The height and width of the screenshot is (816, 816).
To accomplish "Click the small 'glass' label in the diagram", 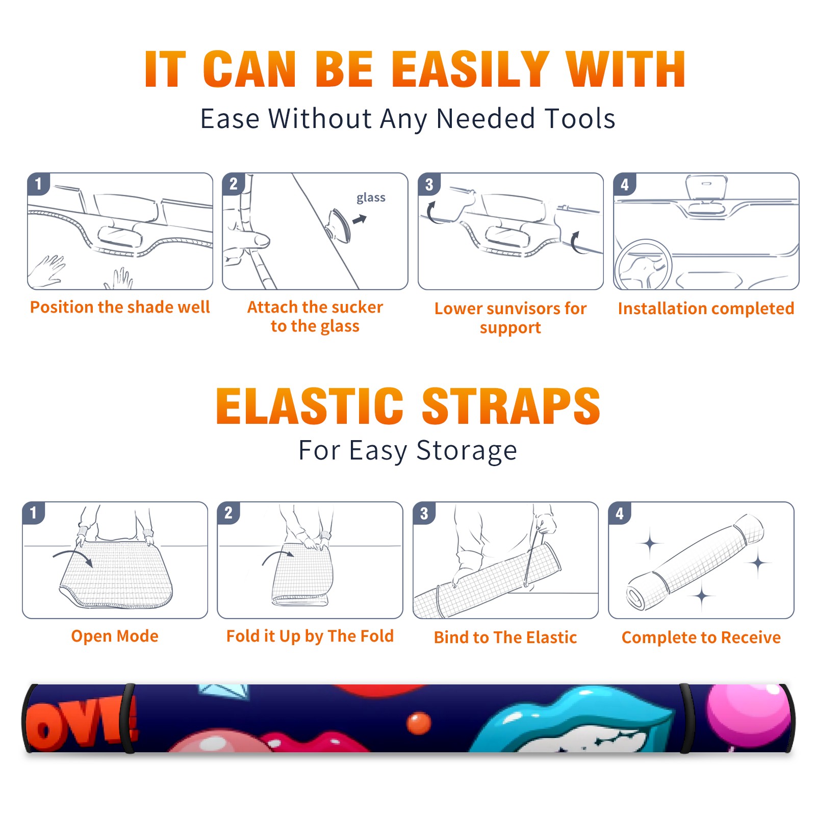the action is (371, 198).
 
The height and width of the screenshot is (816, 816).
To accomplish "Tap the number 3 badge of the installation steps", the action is (429, 184).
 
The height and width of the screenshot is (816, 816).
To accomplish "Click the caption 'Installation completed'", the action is (706, 309).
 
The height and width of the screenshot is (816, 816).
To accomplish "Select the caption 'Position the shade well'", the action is (120, 307).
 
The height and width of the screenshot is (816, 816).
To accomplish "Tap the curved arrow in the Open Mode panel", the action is (73, 557).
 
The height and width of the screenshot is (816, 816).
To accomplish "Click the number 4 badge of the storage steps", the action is (620, 513).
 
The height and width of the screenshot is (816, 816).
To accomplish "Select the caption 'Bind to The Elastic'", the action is (505, 637).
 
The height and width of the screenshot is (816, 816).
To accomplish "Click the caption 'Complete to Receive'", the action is (701, 637).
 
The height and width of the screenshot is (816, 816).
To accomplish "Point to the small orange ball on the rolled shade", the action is (419, 723).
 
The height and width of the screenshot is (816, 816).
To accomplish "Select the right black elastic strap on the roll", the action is (686, 718).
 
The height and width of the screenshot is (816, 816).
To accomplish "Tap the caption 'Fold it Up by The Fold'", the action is (310, 636).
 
